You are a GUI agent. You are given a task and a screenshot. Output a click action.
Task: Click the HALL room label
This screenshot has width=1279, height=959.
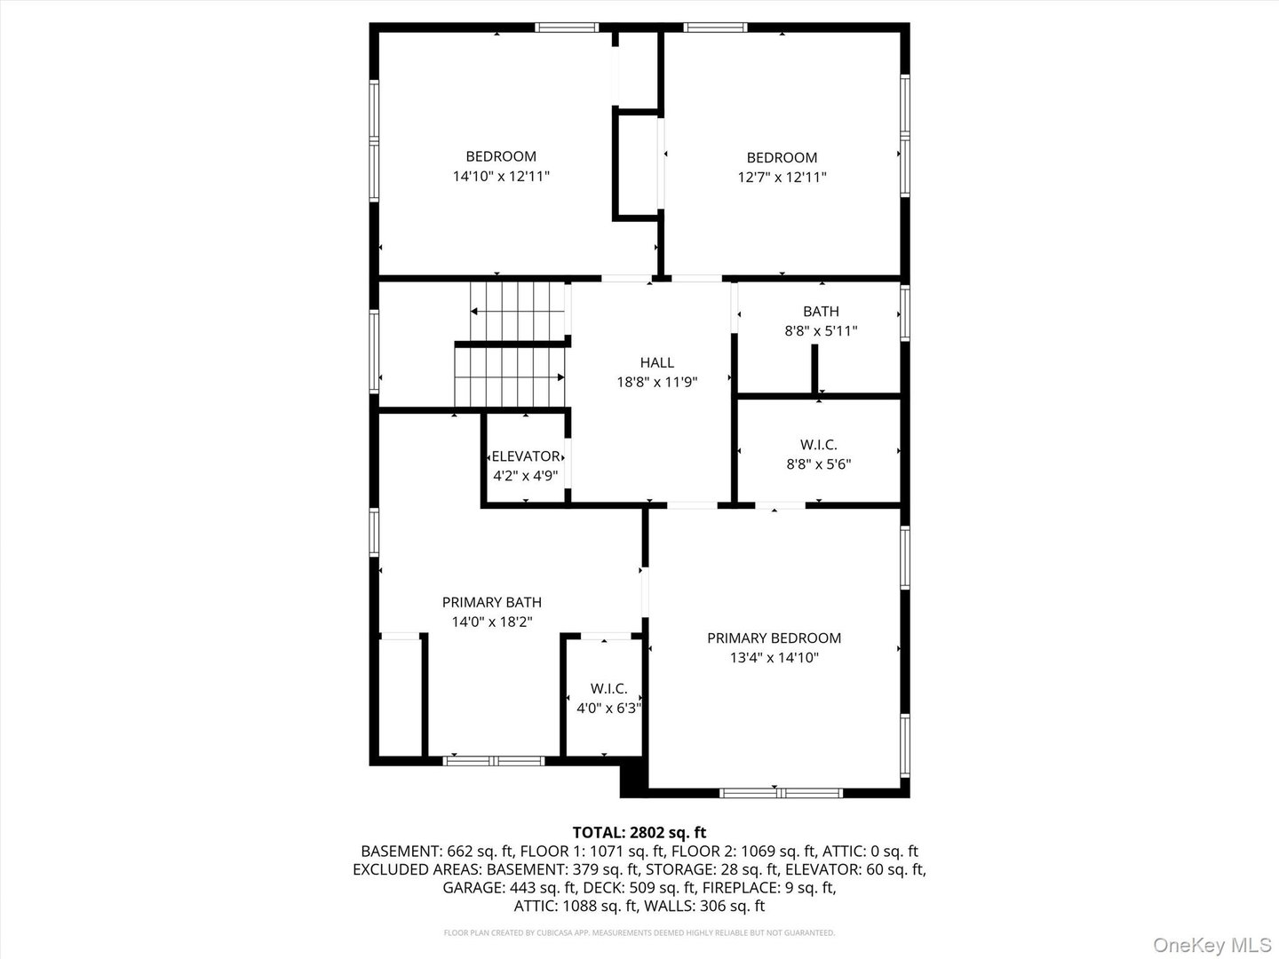pos(656,362)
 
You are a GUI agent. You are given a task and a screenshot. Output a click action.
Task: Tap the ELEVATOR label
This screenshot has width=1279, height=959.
pos(526,456)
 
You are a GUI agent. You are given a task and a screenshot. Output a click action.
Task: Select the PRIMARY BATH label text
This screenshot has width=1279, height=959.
pos(492,602)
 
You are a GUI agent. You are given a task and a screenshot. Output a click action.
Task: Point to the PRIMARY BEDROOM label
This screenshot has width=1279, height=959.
pos(774,638)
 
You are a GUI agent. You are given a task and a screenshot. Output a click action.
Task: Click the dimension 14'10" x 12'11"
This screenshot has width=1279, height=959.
pos(501,176)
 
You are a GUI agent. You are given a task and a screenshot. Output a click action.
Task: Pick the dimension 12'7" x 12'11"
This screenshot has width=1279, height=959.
pos(782,177)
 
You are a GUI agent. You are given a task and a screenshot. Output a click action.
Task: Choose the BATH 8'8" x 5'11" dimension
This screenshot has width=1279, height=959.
pos(821,330)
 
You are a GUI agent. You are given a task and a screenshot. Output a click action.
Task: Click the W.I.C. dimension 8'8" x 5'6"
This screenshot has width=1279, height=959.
pos(819,464)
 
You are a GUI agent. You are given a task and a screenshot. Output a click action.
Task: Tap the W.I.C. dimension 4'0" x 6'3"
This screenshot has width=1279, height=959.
pos(609,708)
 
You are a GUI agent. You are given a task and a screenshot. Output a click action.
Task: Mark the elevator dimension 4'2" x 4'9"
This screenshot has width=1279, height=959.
pos(526,476)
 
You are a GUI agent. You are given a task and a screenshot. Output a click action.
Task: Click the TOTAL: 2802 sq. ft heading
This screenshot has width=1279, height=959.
pos(639,832)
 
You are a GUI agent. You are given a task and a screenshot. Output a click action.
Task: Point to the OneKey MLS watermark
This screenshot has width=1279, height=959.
pos(1212,944)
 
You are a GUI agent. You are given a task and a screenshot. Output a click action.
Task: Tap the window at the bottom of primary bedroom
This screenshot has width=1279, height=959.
pos(781,792)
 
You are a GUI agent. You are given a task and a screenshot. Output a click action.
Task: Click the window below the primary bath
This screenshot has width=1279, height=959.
pos(494,760)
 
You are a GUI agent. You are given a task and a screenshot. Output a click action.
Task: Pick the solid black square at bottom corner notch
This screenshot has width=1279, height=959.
pos(633,777)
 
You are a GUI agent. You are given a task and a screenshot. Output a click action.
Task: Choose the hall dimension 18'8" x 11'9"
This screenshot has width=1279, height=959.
pos(657,382)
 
